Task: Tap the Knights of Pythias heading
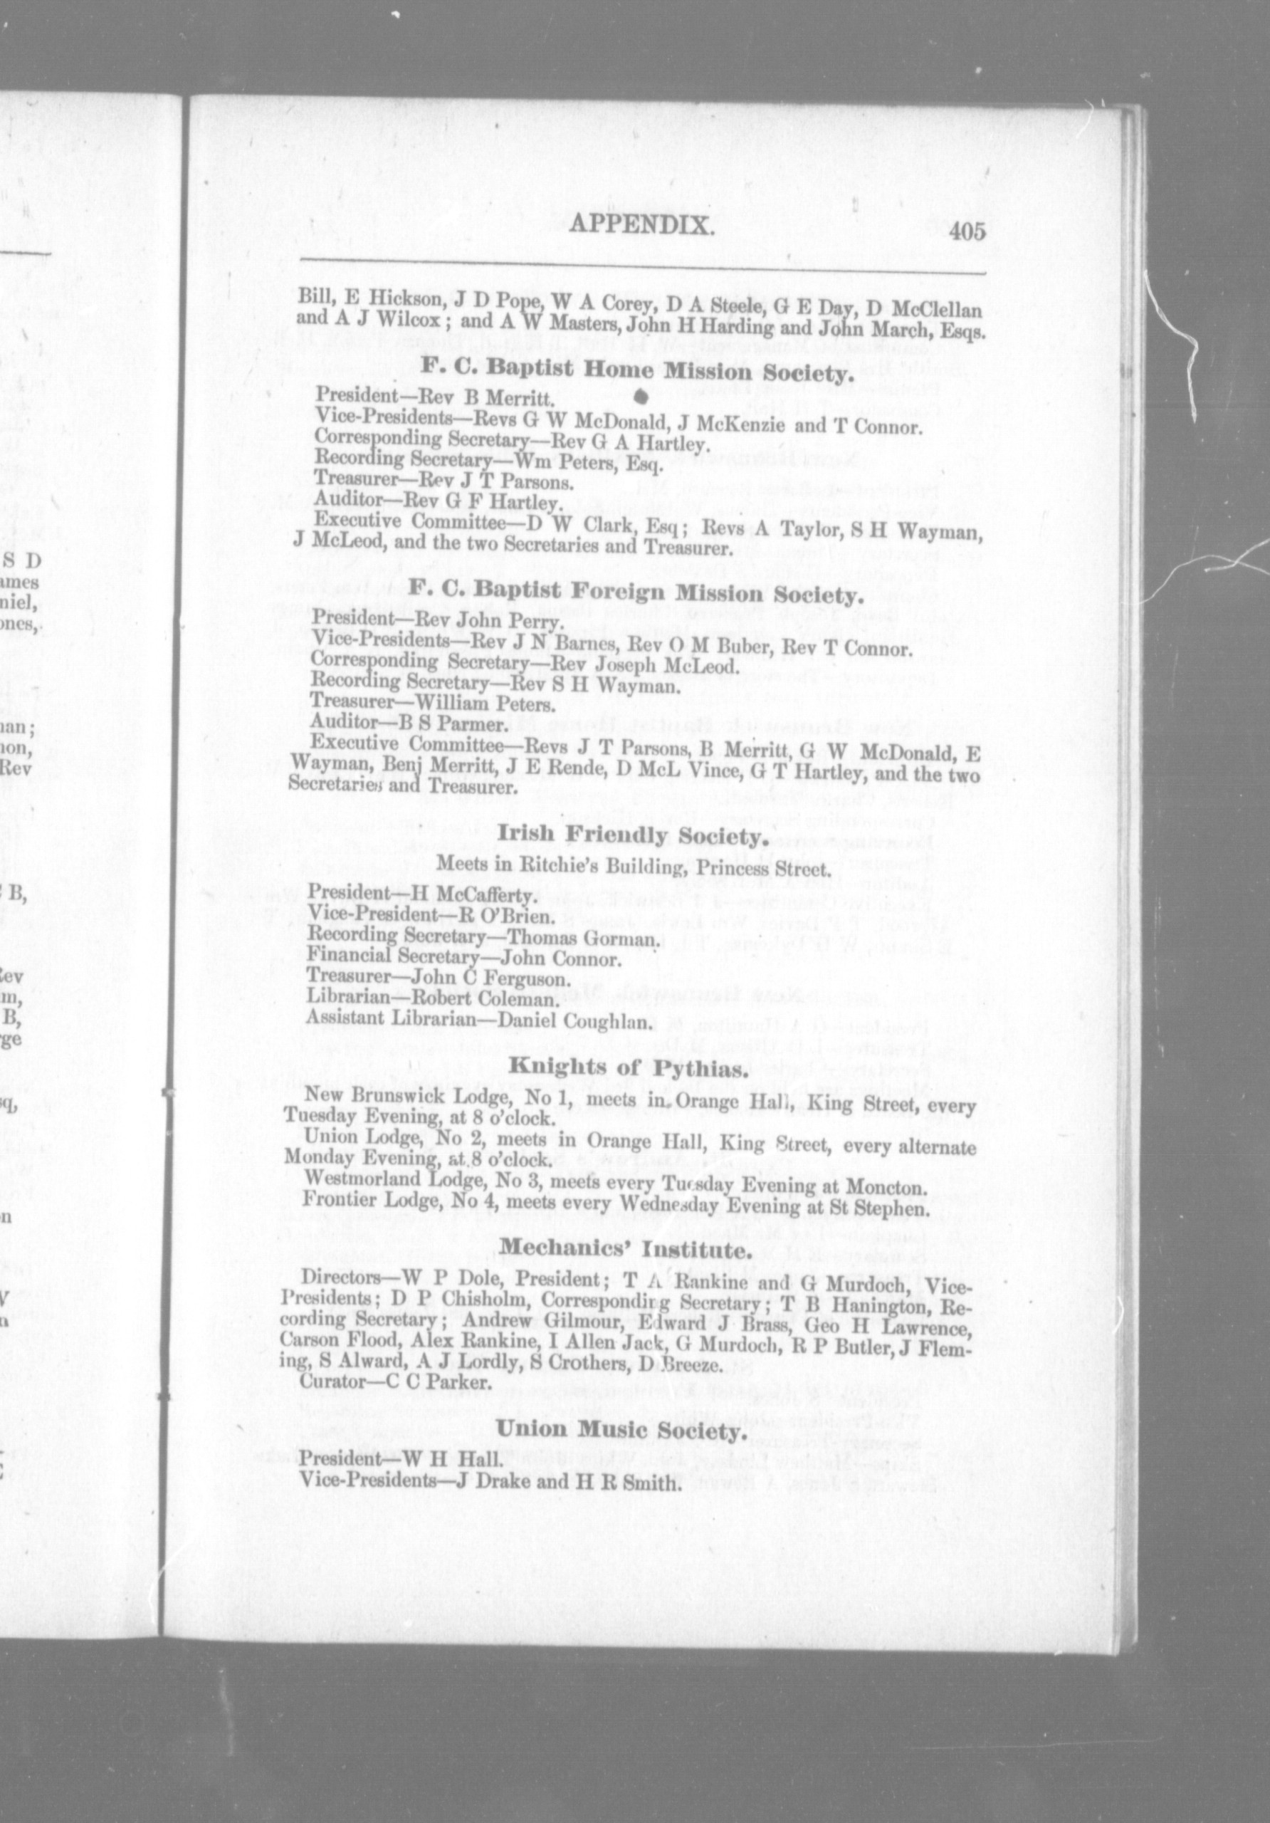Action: (628, 1070)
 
